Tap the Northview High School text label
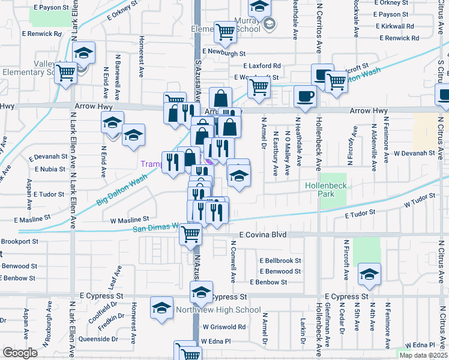point(218,310)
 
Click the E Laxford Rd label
point(262,65)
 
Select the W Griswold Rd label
point(224,327)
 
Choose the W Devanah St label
point(414,154)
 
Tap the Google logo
point(20,353)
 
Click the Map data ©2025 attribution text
point(423,355)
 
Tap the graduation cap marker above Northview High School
point(201,293)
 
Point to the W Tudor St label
point(419,201)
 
